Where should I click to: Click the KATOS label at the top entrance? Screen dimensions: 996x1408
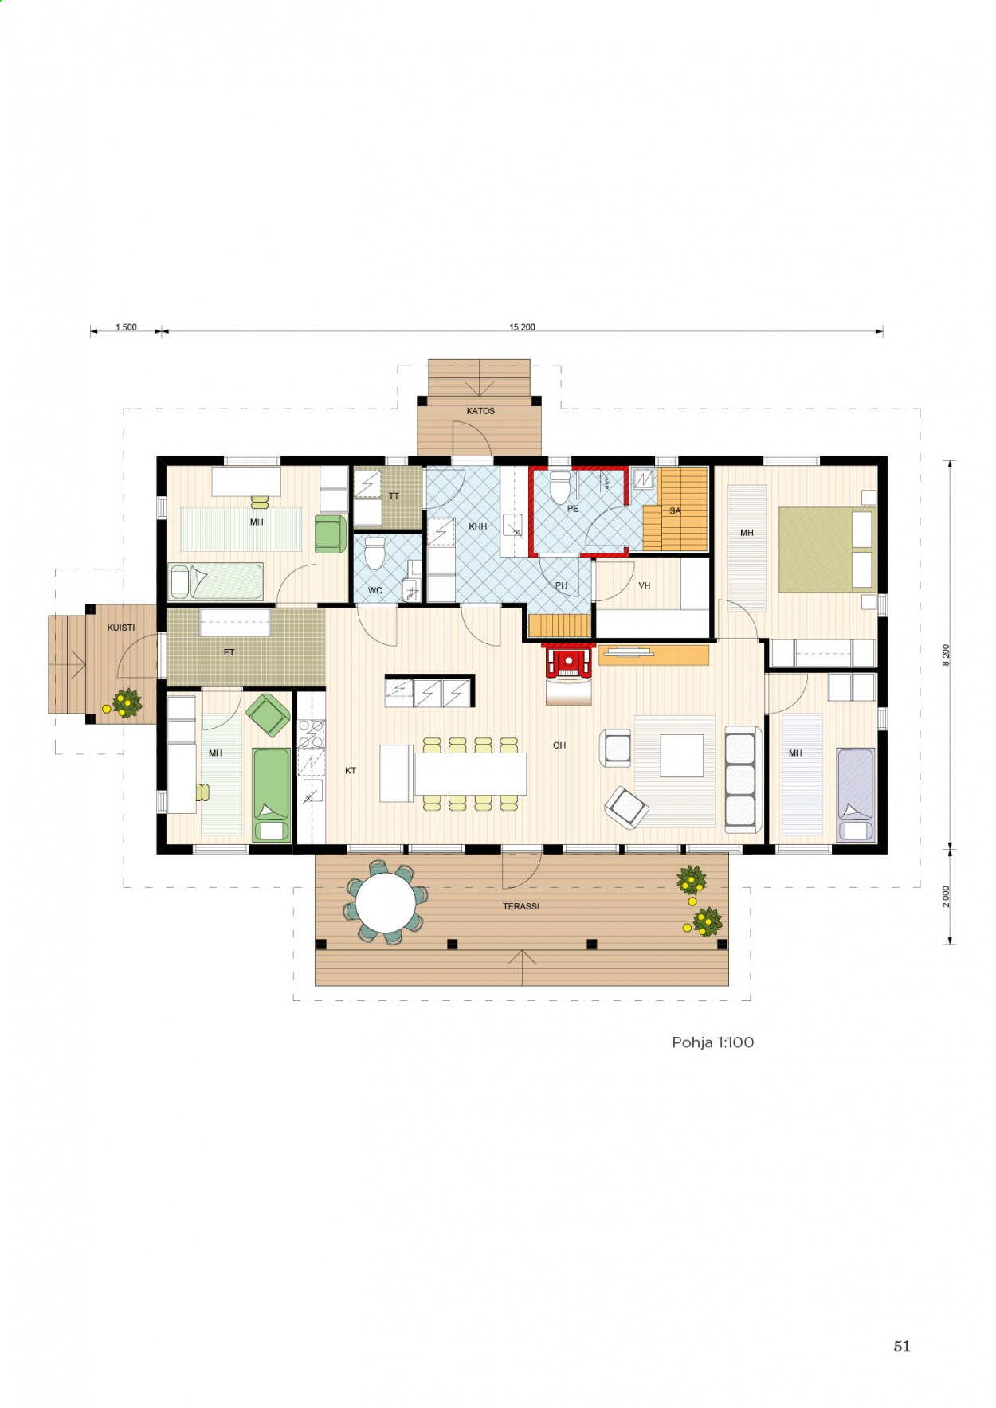click(x=480, y=411)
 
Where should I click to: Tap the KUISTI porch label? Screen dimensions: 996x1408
click(x=121, y=628)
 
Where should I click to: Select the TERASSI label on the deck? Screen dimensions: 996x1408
click(x=521, y=906)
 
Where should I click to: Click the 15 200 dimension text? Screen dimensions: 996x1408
click(x=522, y=327)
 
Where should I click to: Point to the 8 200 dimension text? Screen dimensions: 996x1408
click(x=946, y=655)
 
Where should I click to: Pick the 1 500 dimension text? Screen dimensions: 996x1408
click(x=126, y=327)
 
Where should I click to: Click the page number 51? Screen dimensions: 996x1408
click(x=902, y=1346)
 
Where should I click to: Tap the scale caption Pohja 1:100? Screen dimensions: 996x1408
click(x=712, y=1042)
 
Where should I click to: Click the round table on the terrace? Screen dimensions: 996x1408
click(x=386, y=903)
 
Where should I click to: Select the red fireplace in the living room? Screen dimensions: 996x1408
click(x=569, y=661)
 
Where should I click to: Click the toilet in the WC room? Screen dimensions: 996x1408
click(x=374, y=552)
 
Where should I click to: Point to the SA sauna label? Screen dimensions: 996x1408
click(x=675, y=511)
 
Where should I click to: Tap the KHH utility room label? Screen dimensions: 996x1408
click(x=477, y=526)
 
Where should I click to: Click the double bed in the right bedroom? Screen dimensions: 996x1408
click(x=827, y=550)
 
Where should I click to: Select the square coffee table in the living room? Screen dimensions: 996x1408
click(x=681, y=755)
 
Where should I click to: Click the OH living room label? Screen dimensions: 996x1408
click(x=559, y=745)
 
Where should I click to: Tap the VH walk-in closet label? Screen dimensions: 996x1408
click(x=645, y=585)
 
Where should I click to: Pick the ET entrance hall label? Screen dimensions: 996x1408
click(x=229, y=652)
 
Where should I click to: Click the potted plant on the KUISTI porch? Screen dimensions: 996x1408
click(x=126, y=702)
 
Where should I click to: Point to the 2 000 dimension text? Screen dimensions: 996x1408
click(x=946, y=896)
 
